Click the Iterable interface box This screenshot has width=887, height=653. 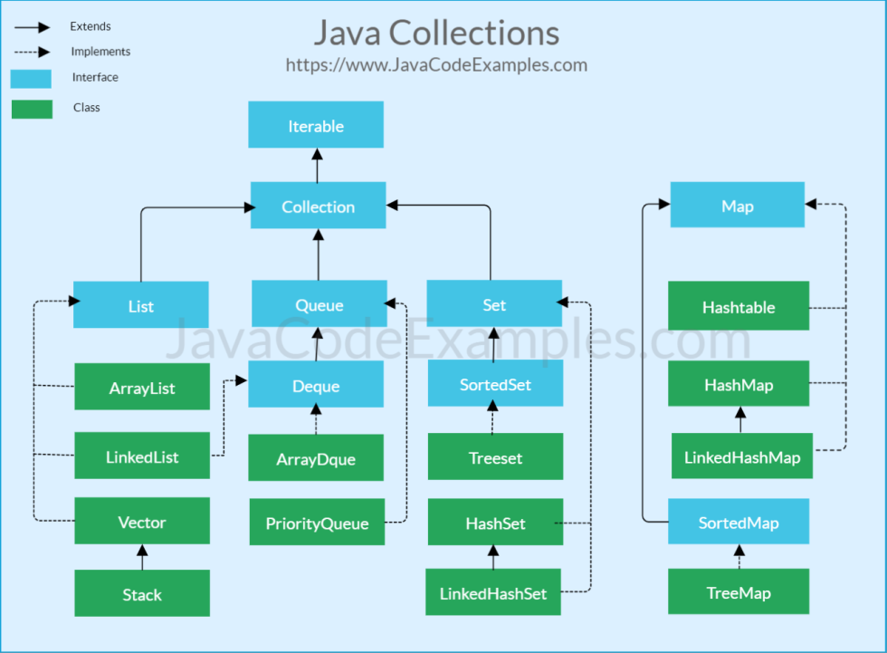click(x=316, y=125)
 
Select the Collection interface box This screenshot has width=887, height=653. click(x=318, y=206)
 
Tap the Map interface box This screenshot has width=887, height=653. click(x=737, y=206)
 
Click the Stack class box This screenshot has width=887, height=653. click(x=142, y=593)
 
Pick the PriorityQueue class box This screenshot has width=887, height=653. click(x=317, y=523)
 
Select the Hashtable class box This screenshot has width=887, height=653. click(x=739, y=306)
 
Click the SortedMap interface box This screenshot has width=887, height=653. click(x=739, y=522)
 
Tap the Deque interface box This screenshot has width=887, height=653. click(x=316, y=385)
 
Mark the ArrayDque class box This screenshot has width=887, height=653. click(x=316, y=458)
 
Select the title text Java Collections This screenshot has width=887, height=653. click(x=436, y=34)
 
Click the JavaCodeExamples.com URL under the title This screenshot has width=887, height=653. click(x=436, y=65)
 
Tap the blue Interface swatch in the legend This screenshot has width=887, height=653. click(x=31, y=78)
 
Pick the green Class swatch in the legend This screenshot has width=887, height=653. click(x=31, y=108)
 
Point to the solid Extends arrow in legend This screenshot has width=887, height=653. click(x=31, y=28)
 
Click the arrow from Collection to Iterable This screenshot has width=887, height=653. click(x=317, y=165)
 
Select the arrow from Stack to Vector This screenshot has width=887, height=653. click(x=142, y=557)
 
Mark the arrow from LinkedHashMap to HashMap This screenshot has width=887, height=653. click(x=740, y=420)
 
